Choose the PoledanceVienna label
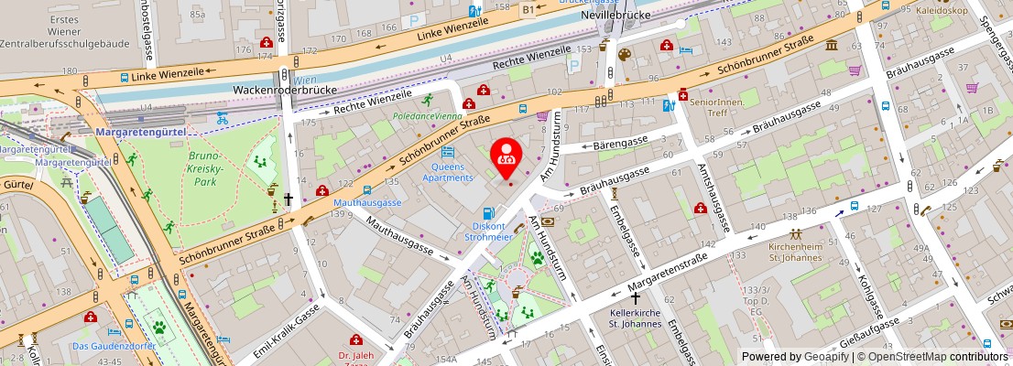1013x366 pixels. point(427,117)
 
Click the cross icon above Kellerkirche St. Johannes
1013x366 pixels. point(636,298)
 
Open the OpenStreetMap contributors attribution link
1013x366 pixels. point(938,357)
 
